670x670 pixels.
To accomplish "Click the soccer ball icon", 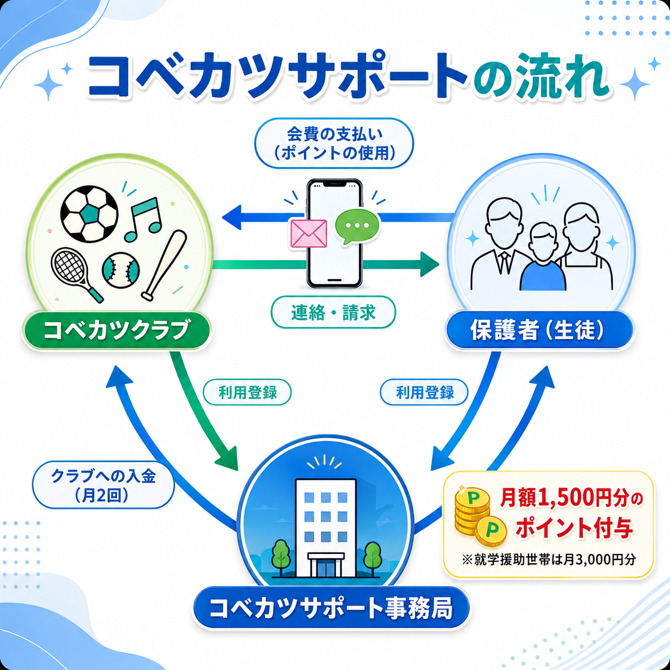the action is click(x=89, y=214).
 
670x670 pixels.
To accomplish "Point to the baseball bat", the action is click(x=164, y=265).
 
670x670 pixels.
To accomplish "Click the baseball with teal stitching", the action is click(x=121, y=270).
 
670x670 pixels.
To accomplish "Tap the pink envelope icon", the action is click(x=309, y=233).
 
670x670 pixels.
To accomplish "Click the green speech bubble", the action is click(x=356, y=227).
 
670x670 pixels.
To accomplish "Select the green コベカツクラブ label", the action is click(x=117, y=330).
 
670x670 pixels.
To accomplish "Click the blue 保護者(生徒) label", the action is click(x=539, y=330).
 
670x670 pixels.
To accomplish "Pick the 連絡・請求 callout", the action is click(x=333, y=312).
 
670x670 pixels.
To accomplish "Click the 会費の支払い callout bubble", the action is click(x=334, y=144).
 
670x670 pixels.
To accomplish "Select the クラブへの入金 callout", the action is click(x=103, y=486).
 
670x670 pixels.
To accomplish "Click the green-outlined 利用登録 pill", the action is click(x=247, y=393).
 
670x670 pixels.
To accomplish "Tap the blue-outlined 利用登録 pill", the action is click(x=424, y=393).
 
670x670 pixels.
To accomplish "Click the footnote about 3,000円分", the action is click(x=549, y=560).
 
